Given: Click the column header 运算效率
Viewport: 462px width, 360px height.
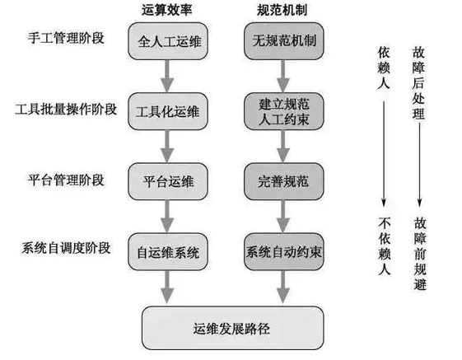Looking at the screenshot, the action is point(167,10).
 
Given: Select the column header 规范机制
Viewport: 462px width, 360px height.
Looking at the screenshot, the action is point(282,10).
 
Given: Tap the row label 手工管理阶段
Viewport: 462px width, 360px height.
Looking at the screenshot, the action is point(66,38).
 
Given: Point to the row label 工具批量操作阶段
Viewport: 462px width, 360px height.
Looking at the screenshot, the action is point(66,110).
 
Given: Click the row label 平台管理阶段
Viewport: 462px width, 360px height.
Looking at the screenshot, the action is point(66,180).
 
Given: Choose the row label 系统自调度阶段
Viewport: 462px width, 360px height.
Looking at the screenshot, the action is point(66,248).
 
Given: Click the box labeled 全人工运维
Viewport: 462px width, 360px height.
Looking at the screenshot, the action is point(168,41).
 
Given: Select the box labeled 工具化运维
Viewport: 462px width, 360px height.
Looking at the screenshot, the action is point(168,111).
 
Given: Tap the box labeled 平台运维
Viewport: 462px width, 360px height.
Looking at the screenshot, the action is point(168,181).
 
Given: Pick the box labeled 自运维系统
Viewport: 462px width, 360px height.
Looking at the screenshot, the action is point(168,252).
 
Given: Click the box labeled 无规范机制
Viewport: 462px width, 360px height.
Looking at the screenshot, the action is point(284,41).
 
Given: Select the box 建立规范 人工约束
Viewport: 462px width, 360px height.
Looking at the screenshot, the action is point(284,111).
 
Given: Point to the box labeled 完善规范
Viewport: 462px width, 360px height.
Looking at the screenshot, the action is point(284,181).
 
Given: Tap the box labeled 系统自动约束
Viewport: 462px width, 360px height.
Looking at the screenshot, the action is point(284,252).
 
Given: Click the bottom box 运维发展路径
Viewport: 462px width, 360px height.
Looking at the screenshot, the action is point(233,328).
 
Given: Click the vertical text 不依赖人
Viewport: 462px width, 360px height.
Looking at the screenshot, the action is point(385,246).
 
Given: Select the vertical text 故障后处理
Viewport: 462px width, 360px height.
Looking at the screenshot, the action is point(418,83).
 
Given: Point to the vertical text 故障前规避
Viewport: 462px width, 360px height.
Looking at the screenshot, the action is point(420,254).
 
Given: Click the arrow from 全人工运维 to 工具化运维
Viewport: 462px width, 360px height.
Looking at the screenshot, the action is point(167,77).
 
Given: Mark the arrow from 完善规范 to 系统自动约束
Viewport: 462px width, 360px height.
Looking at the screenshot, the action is point(283,217).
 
